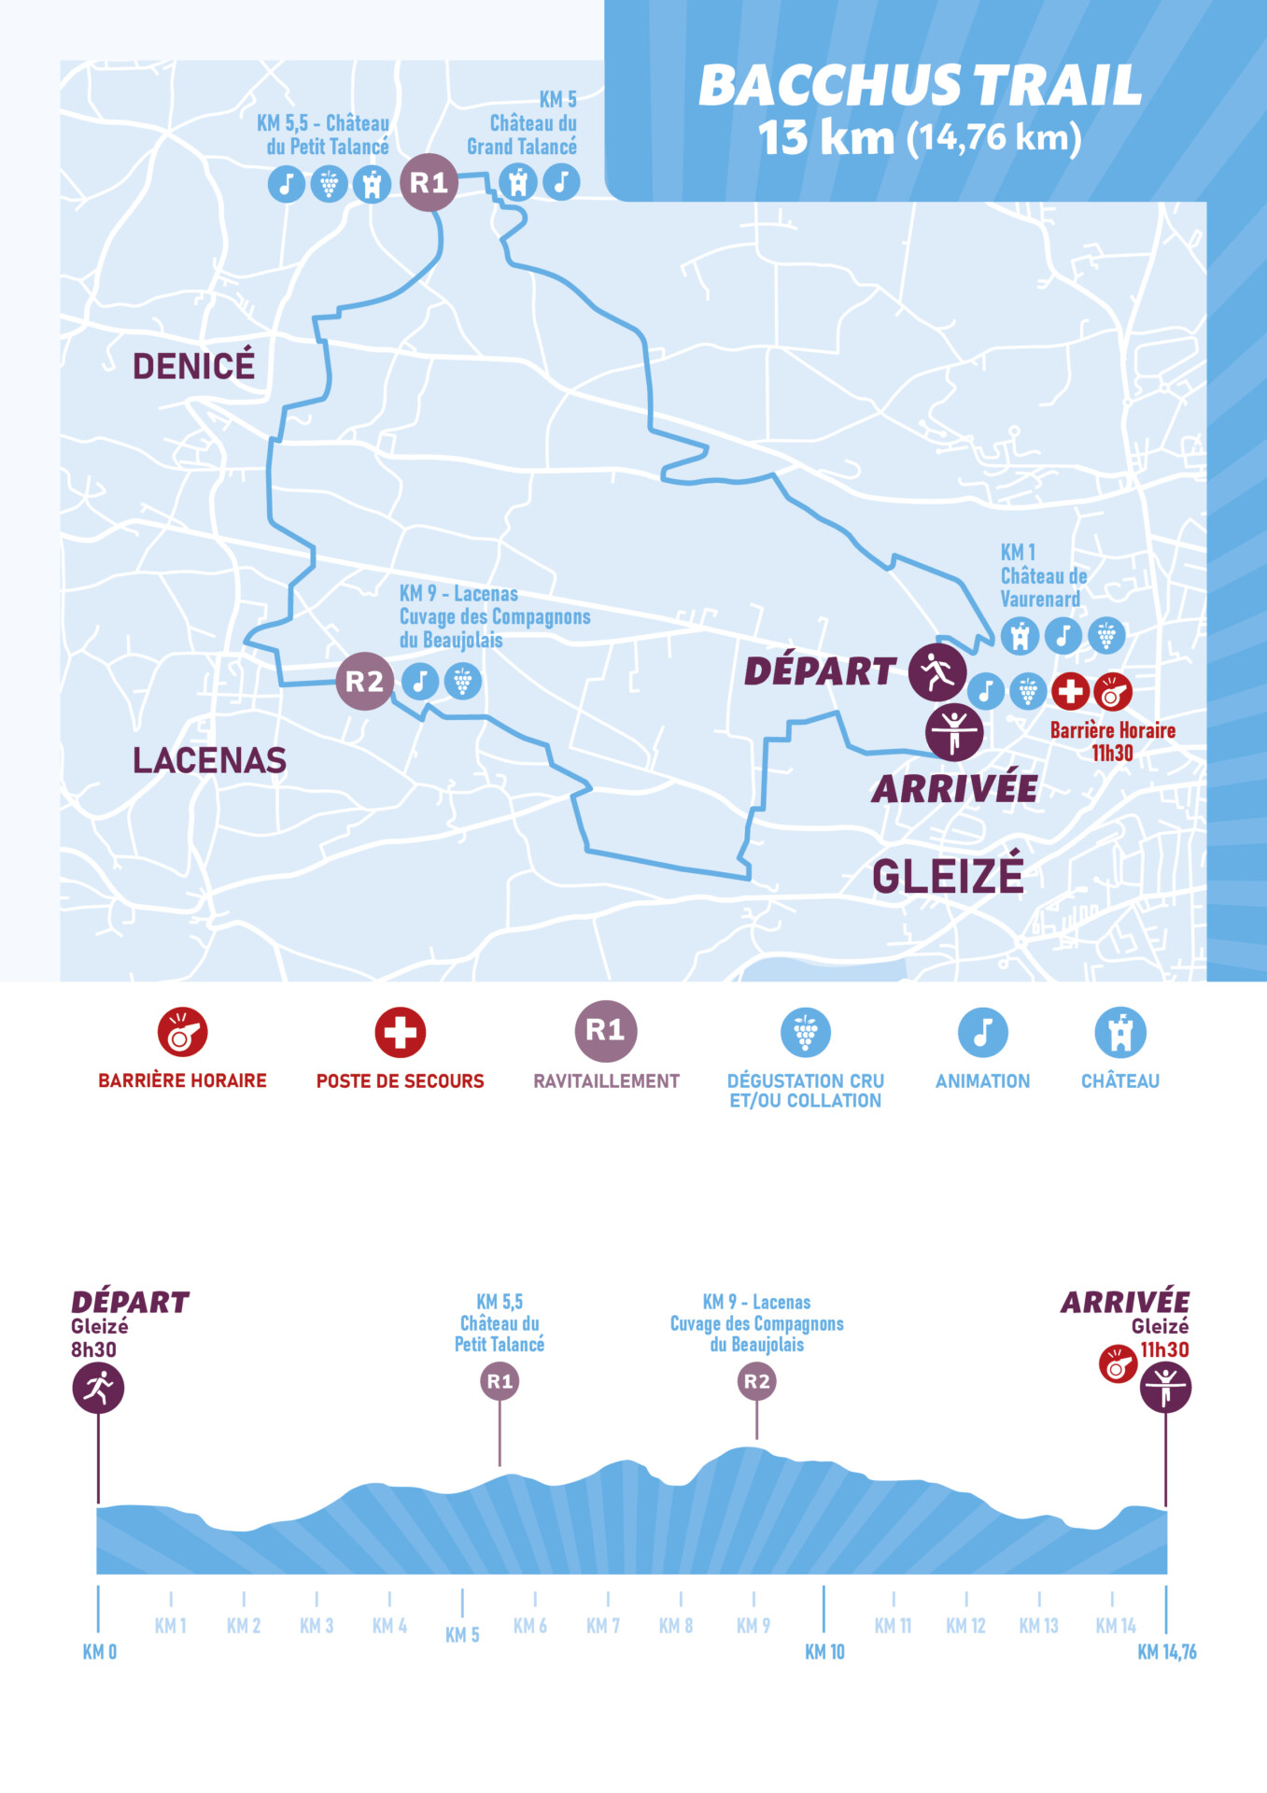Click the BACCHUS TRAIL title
[920, 86]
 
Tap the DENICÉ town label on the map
[193, 366]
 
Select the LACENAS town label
[209, 760]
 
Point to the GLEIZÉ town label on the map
[948, 877]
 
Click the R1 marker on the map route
[429, 182]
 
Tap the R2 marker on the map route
[364, 682]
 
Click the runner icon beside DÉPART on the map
[936, 671]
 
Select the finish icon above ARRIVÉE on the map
[953, 730]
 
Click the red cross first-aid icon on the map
[1070, 692]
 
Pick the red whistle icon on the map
[1112, 692]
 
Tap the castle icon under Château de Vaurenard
[1020, 636]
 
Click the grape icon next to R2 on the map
[462, 682]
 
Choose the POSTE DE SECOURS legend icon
[400, 1032]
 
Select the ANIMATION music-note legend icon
[982, 1032]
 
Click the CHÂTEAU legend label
[1119, 1081]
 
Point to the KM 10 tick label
[824, 1652]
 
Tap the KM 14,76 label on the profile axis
[1166, 1652]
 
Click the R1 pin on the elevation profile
[500, 1381]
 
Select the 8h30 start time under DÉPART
[93, 1349]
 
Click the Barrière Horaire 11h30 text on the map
[1112, 741]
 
